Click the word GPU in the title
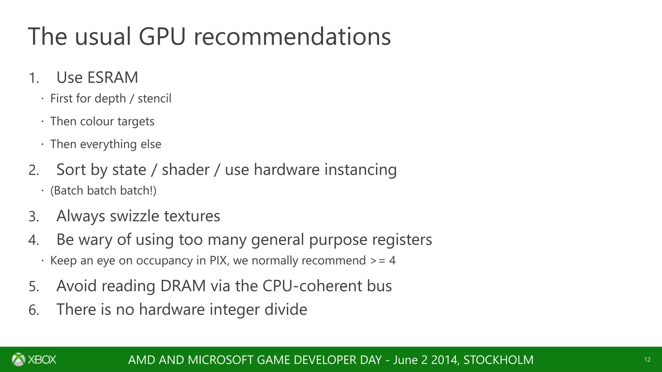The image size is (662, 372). coord(162,36)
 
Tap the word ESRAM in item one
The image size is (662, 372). coord(112,77)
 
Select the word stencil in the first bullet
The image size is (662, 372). coord(154,98)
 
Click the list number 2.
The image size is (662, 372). coord(33,170)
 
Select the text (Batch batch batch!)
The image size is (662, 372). coord(103,191)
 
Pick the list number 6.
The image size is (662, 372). coord(33,310)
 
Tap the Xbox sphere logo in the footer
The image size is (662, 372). coord(18,359)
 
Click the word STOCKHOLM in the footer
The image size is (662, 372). coord(498,360)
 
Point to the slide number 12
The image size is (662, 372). coord(647,360)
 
